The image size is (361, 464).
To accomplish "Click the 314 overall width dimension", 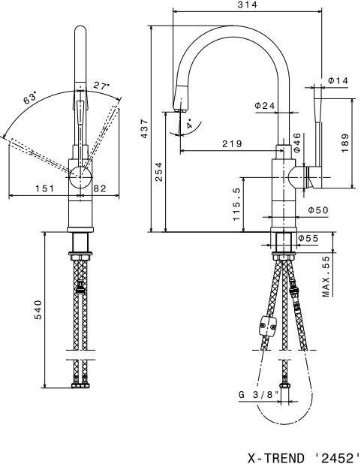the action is pyautogui.click(x=248, y=5).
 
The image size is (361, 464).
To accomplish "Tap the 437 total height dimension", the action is pyautogui.click(x=145, y=128).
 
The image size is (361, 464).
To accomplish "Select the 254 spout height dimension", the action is pyautogui.click(x=159, y=172).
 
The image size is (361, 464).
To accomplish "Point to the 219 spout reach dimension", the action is pyautogui.click(x=232, y=144).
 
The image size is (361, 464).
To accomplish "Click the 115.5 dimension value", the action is pyautogui.click(x=236, y=204).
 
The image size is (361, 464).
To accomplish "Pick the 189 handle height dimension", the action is pyautogui.click(x=345, y=143).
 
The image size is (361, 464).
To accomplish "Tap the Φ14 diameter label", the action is pyautogui.click(x=338, y=80).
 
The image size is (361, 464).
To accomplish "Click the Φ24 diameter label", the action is pyautogui.click(x=265, y=105).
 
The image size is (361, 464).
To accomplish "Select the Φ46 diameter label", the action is pyautogui.click(x=296, y=143).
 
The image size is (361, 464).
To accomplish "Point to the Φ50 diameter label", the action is pyautogui.click(x=318, y=210).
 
